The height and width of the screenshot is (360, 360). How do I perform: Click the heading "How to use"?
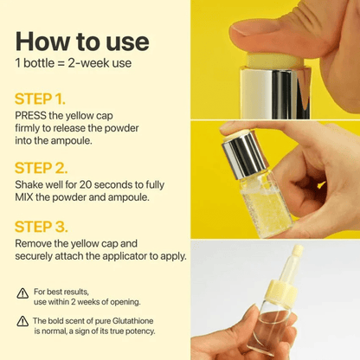(x=82, y=42)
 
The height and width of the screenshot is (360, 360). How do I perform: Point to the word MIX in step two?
(x=27, y=196)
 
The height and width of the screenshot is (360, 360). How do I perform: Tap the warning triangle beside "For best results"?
(x=22, y=294)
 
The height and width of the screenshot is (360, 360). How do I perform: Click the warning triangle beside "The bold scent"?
(x=22, y=321)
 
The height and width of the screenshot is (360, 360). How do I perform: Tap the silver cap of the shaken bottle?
(x=244, y=155)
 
